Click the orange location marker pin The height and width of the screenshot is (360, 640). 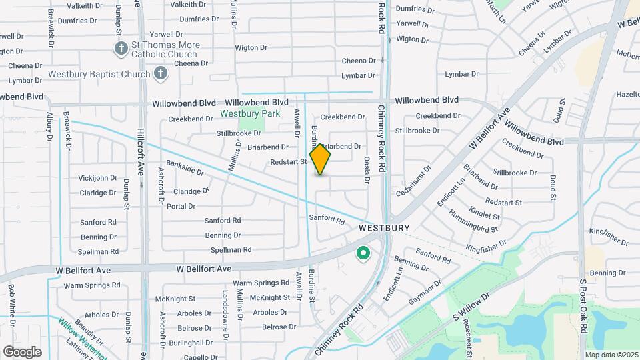click(321, 159)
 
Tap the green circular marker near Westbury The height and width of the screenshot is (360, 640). click(363, 253)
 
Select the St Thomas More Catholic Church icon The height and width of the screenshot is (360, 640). click(121, 48)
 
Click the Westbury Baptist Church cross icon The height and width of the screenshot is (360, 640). click(161, 73)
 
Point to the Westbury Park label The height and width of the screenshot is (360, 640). click(250, 113)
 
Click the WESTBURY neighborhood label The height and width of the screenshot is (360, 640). click(383, 227)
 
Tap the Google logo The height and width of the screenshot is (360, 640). click(23, 351)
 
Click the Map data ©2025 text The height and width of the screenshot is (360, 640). click(611, 355)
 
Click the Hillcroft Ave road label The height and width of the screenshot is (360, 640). click(141, 157)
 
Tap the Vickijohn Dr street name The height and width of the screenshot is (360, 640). click(98, 179)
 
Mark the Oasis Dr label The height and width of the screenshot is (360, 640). click(367, 169)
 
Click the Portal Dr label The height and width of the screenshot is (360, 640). click(181, 207)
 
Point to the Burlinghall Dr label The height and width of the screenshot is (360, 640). click(195, 343)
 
